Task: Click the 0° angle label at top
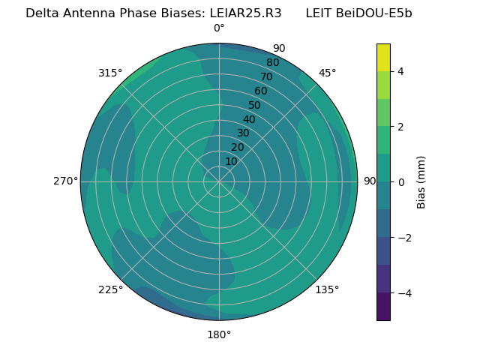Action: coord(219,28)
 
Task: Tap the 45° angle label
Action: coord(327,73)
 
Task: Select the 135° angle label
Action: coord(327,289)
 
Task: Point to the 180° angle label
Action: coord(219,334)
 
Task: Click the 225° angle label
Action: coord(110,289)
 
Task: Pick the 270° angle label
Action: coord(65,181)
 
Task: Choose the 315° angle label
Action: coord(110,73)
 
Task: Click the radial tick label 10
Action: coord(231,161)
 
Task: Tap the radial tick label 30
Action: coord(243,133)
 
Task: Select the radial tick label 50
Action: coord(255,106)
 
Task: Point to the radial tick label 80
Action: coord(273,63)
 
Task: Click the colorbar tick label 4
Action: coord(401,71)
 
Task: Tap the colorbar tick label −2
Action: coord(404,238)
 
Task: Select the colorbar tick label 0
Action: coord(401,182)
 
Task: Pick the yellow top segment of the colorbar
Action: coord(383,57)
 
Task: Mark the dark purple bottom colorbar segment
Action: coord(383,307)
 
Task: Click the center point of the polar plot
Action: coord(219,181)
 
